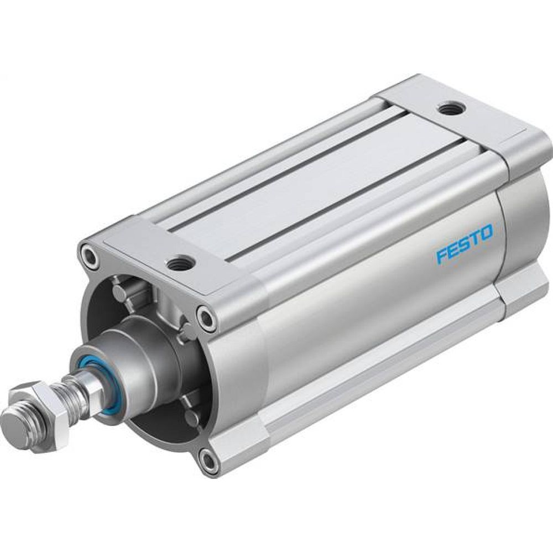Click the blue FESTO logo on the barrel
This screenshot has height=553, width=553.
click(x=463, y=242)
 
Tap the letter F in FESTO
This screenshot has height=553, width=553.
click(x=441, y=255)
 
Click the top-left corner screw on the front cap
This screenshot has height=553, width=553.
click(x=88, y=255)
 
